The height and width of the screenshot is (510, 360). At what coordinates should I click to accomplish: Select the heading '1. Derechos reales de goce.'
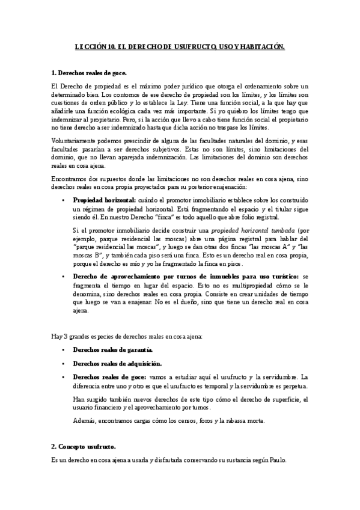tap(88, 73)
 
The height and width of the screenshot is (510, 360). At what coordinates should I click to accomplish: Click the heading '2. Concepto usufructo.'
tap(84, 447)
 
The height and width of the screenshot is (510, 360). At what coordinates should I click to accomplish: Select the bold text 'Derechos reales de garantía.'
tap(112, 349)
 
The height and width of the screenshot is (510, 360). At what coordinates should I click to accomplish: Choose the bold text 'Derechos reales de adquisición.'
tap(117, 363)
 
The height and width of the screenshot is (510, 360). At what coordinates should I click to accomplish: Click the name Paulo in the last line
tap(277, 460)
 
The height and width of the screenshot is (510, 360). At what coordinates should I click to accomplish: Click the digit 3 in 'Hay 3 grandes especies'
tap(65, 334)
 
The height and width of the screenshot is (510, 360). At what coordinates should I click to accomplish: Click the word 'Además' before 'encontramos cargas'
tap(84, 420)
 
